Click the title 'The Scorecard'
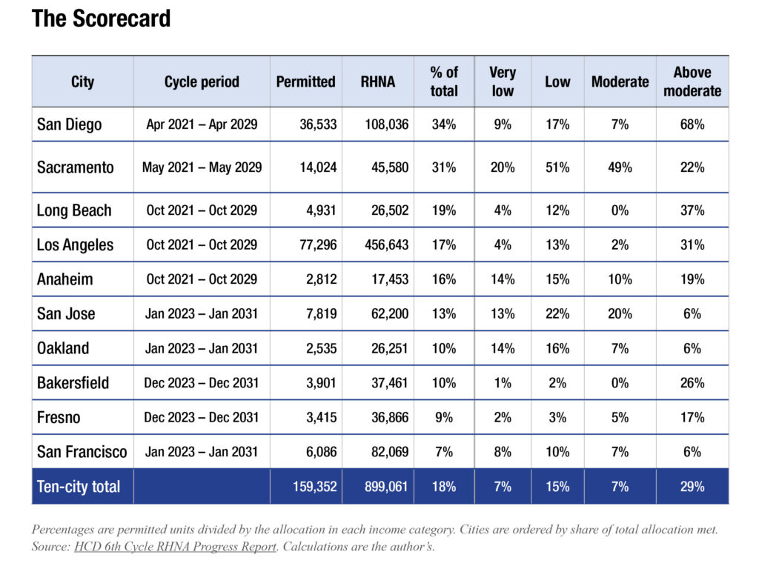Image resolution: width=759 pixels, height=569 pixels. click(x=101, y=19)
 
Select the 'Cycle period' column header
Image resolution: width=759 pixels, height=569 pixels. click(x=202, y=81)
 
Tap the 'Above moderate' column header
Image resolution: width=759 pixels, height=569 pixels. click(x=692, y=81)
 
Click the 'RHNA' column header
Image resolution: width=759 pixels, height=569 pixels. click(x=377, y=81)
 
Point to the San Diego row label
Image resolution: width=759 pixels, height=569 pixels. click(x=69, y=124)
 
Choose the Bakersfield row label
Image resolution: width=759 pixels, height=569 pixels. click(x=73, y=383)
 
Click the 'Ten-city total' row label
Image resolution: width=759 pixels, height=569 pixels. click(x=79, y=486)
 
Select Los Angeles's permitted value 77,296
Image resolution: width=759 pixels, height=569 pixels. click(x=318, y=244)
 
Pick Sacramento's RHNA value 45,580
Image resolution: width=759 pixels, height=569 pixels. click(x=390, y=167)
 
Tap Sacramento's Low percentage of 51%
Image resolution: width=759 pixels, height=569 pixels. click(x=557, y=167)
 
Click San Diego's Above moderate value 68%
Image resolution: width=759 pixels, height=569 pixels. click(x=692, y=124)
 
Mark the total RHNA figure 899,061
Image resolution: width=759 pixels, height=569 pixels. click(x=386, y=486)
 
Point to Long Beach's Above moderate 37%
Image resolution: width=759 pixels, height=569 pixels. click(x=692, y=210)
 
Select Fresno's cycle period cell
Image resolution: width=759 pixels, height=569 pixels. click(x=202, y=417)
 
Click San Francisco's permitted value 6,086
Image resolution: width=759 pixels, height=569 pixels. click(x=321, y=452)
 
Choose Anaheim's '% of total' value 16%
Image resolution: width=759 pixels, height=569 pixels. click(x=444, y=279)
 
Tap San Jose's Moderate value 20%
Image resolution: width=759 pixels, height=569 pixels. click(x=620, y=314)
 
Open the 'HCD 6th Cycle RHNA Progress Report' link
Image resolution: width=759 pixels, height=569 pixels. click(x=175, y=546)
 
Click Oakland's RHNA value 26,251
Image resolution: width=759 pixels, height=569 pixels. click(x=390, y=348)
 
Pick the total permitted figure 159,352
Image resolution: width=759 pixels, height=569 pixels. click(x=314, y=486)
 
